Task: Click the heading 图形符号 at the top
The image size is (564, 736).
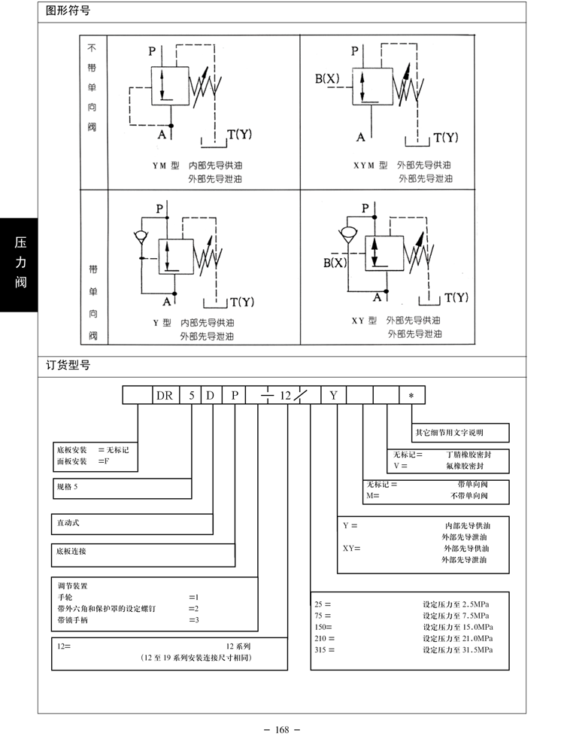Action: [x=68, y=11]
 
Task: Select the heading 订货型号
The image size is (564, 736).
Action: [x=68, y=365]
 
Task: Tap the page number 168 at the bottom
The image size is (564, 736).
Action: [x=282, y=729]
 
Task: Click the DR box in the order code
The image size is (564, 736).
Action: [x=165, y=395]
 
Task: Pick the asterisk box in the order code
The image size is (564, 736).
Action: [x=411, y=395]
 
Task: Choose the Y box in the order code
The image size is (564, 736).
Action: [x=334, y=395]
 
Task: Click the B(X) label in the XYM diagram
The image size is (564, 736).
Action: [x=327, y=78]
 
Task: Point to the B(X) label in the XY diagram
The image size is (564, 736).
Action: [x=335, y=263]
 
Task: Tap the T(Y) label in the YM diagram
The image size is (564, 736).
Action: [x=240, y=135]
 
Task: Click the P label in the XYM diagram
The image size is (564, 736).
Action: [x=355, y=50]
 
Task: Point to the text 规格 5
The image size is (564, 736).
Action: [x=68, y=487]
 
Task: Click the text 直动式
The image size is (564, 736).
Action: [x=68, y=522]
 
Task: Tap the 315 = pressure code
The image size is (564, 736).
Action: [x=325, y=650]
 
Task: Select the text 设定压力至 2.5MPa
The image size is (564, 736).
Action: [x=456, y=604]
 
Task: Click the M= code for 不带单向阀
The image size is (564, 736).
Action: [x=373, y=496]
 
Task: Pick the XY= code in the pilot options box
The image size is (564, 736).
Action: [x=351, y=549]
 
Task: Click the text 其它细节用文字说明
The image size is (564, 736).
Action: [x=450, y=433]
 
